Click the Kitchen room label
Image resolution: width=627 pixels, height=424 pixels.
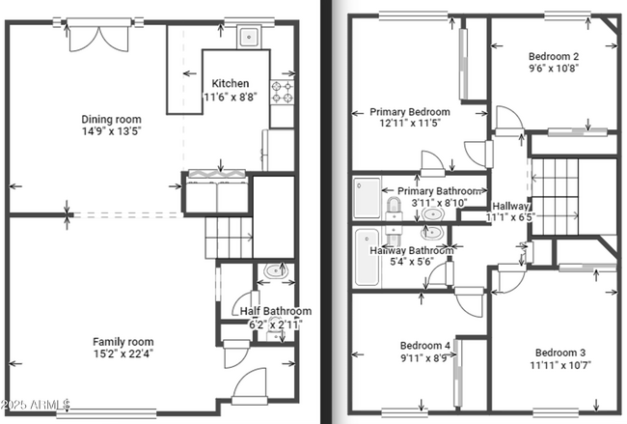(x=231, y=83)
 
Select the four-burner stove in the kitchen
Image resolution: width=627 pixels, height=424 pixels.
(x=284, y=91)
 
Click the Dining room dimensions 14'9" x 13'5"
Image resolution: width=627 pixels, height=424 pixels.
(x=111, y=132)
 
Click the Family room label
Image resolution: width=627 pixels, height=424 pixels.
(x=123, y=341)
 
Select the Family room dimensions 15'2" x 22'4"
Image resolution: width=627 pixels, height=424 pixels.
(x=123, y=353)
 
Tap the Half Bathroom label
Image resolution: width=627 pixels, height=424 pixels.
(x=275, y=311)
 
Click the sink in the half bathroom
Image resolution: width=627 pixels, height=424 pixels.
(x=277, y=271)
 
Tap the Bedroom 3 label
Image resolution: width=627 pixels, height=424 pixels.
(x=560, y=352)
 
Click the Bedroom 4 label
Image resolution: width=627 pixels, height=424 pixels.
(x=424, y=345)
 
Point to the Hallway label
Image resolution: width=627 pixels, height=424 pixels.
(x=510, y=206)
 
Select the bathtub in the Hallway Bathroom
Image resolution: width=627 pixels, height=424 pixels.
(x=368, y=257)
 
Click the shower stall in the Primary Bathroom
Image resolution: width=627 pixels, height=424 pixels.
(x=367, y=197)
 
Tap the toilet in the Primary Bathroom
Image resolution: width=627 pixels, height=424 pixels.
(x=394, y=210)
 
